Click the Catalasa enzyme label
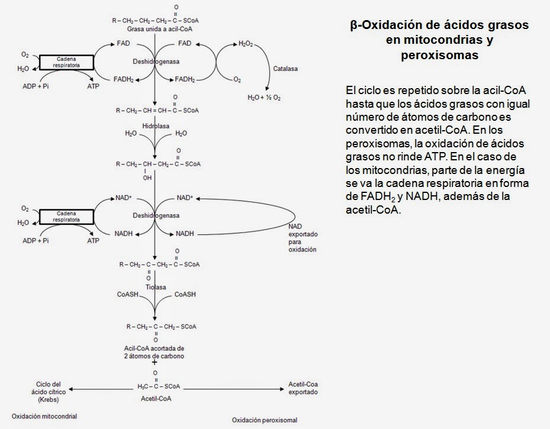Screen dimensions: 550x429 pos(285,69)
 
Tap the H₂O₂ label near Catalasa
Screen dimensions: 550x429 pos(246,44)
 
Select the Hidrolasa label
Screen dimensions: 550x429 pos(156,126)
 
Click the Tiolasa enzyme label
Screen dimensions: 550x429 pos(156,287)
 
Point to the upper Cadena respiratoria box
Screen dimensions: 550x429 pos(66,62)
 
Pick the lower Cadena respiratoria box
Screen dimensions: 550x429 pos(66,217)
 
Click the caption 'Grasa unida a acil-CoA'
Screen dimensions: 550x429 pos(160,29)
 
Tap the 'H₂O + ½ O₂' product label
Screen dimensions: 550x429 pos(264,98)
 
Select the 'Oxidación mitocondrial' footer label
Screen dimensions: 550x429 pos(44,416)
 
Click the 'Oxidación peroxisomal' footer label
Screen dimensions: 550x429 pos(265,420)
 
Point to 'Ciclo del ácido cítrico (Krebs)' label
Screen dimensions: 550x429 pos(49,392)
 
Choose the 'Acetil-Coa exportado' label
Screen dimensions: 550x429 pos(303,388)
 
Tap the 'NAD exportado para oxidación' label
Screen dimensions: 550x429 pos(303,238)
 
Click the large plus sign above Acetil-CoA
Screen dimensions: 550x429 pos(155,362)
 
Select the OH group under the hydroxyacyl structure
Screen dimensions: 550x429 pos(147,178)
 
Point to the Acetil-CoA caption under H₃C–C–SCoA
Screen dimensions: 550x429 pos(156,398)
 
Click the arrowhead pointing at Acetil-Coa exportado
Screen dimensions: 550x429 pos(282,389)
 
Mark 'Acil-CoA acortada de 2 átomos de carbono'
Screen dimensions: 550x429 pos(154,352)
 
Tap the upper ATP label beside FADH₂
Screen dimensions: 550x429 pos(94,86)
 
